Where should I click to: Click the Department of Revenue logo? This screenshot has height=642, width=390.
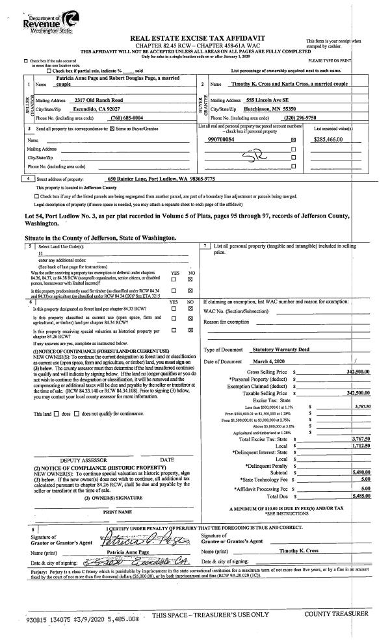pyautogui.click(x=27, y=17)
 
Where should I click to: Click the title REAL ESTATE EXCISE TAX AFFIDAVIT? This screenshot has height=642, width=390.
pyautogui.click(x=198, y=38)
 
